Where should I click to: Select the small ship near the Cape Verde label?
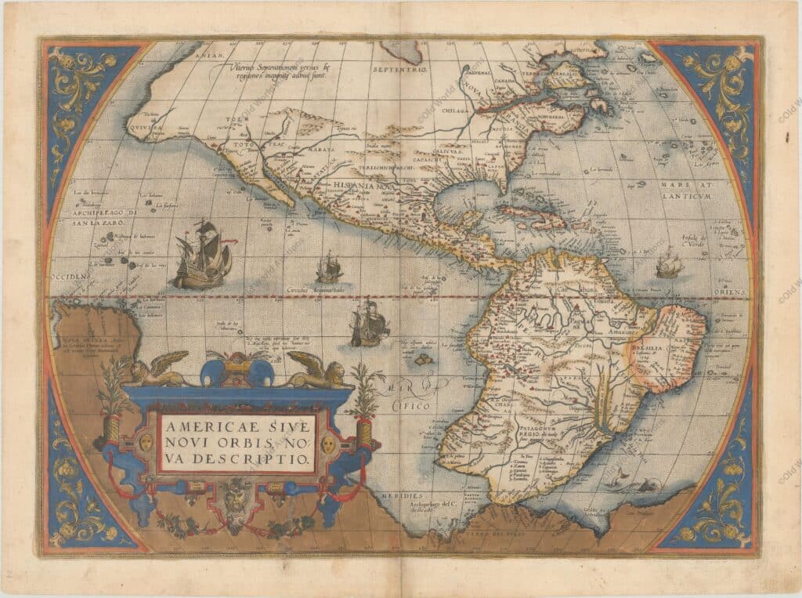point(668,265)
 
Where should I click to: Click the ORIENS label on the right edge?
point(735,292)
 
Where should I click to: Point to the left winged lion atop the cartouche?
point(159,368)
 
